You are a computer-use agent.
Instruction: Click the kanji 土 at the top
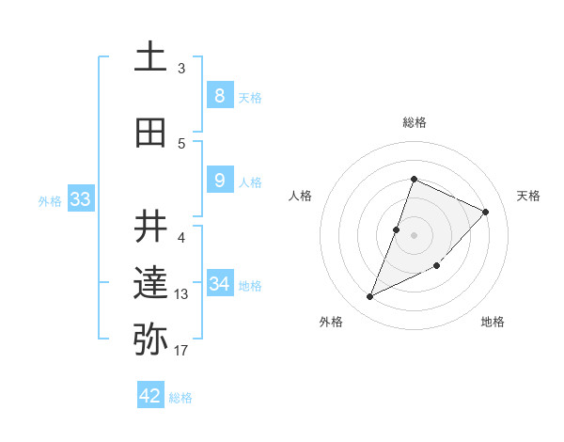coord(150,56)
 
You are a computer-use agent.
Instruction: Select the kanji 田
coord(150,133)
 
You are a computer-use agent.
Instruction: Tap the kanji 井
coord(150,227)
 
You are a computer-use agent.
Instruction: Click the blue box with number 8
coord(219,95)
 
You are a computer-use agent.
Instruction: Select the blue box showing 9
coord(219,180)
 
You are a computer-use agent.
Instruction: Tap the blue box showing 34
coord(219,283)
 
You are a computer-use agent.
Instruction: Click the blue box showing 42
coord(150,396)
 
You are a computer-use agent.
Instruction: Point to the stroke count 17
coord(180,351)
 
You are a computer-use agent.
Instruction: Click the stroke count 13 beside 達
coord(181,294)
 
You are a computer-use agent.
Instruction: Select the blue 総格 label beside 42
coord(180,398)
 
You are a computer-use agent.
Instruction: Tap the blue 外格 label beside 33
coord(50,200)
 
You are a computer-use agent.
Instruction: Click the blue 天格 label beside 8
coord(250,97)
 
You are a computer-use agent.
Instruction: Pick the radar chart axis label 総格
coord(414,122)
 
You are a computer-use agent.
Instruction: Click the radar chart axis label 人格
coord(301,196)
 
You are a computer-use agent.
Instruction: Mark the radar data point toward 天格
coord(485,212)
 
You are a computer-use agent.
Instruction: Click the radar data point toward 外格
coord(369,297)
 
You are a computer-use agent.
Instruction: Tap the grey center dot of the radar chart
coord(414,235)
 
